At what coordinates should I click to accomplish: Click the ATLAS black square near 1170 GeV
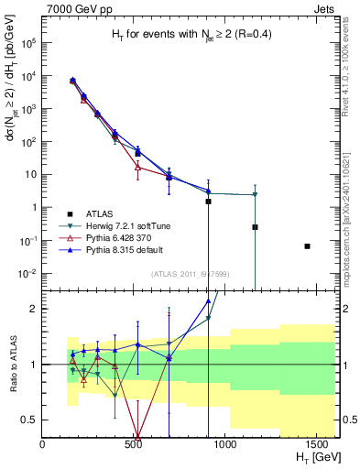click(255, 227)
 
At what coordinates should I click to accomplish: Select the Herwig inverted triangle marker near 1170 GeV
click(255, 194)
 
